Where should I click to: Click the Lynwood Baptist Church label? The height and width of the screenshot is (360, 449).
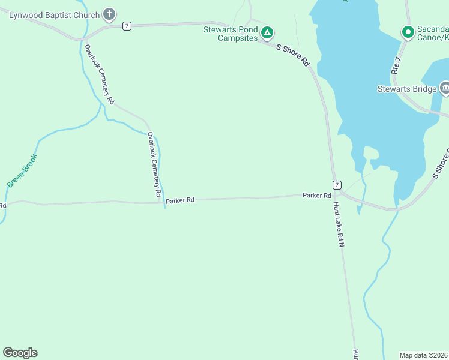54,14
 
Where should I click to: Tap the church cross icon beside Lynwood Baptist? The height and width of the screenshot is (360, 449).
109,14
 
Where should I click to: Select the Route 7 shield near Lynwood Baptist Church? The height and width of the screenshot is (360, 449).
126,26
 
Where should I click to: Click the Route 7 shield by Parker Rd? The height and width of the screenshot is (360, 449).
337,185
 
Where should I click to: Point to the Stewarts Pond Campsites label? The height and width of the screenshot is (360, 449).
231,33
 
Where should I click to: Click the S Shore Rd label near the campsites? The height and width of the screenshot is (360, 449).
293,53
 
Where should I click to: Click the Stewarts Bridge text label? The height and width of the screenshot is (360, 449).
406,89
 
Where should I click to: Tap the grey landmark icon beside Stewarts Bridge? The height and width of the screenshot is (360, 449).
445,89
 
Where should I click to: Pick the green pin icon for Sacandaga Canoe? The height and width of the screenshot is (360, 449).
408,31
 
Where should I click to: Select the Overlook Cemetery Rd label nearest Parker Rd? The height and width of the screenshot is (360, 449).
155,165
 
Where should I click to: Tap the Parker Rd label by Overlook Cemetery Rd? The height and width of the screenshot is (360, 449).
180,200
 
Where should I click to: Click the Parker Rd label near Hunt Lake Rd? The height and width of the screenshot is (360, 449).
317,196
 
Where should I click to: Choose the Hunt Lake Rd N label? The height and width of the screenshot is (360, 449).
340,224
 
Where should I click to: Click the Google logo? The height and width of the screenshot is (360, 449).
20,353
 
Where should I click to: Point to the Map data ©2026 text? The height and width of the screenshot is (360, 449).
424,355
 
